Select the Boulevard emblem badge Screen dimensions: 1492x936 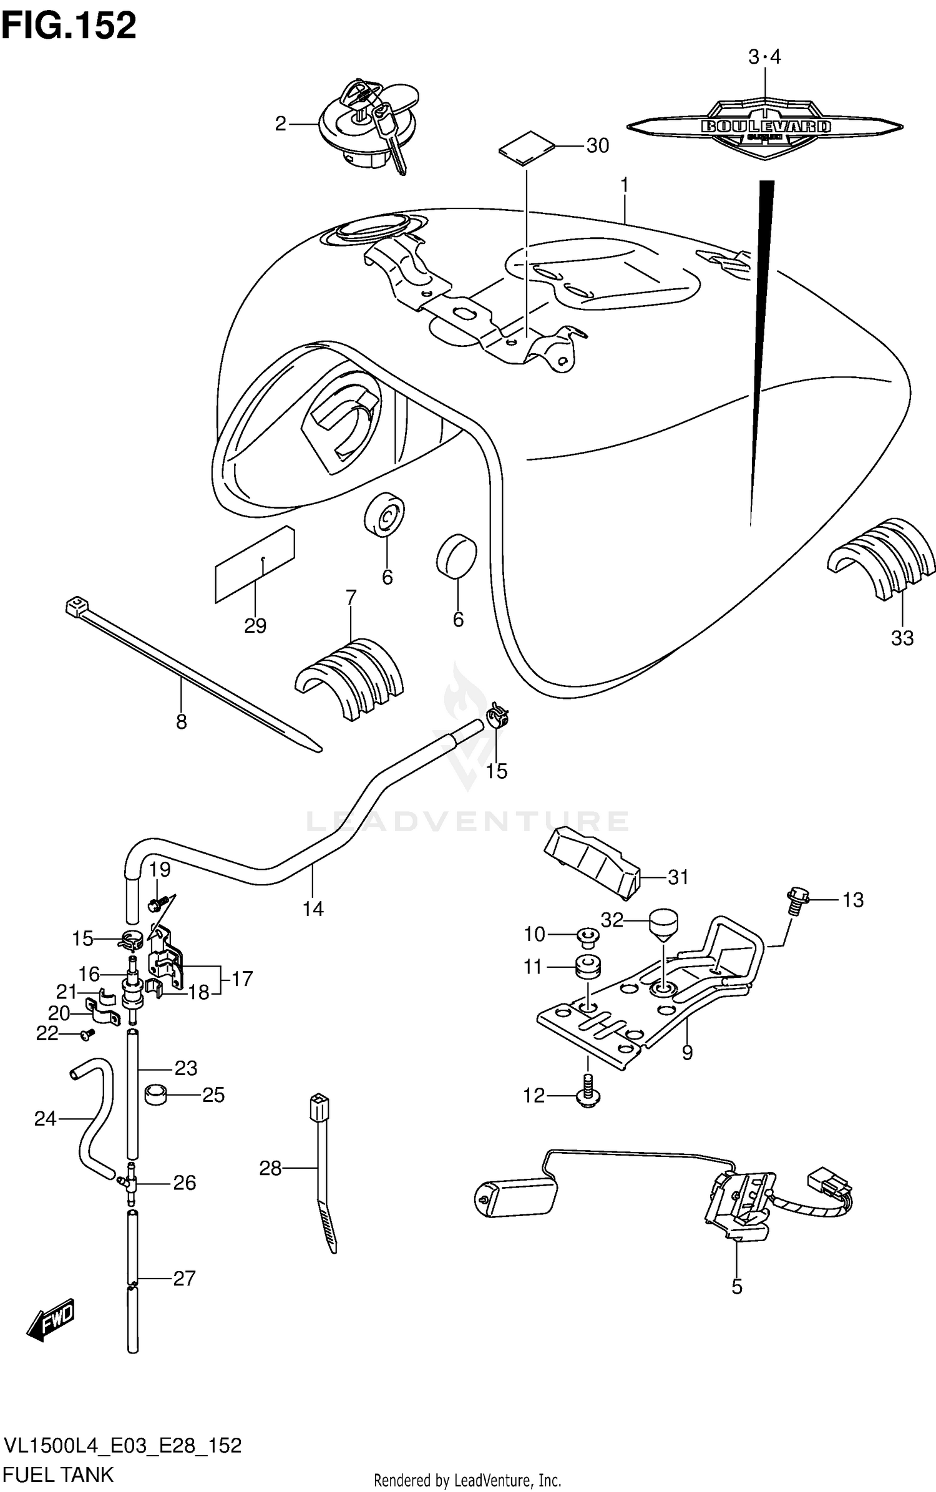[765, 127]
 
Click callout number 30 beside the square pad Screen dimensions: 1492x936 [597, 146]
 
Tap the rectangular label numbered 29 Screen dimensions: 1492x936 [255, 565]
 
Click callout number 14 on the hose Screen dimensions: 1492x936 [313, 909]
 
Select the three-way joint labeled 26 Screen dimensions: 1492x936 [130, 1181]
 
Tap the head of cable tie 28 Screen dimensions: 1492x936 [319, 1108]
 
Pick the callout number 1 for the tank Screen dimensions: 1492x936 [623, 186]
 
